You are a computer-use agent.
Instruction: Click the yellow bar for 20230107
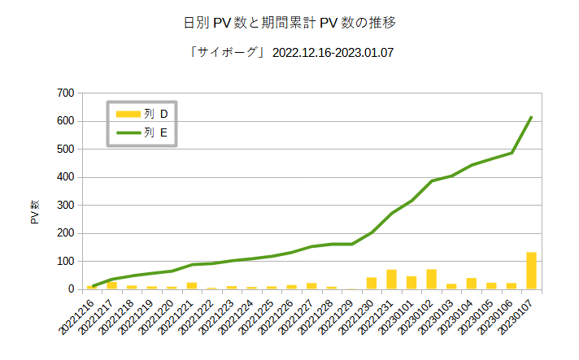531,271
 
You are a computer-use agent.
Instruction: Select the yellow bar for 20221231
391,280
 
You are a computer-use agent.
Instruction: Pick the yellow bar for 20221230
372,284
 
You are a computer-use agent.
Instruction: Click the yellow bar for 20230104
471,284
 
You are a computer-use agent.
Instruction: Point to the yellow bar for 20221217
112,285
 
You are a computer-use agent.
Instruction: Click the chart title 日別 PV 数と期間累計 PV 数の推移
289,21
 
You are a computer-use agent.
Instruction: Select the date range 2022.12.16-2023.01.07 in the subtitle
335,53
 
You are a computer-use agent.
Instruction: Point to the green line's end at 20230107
531,117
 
